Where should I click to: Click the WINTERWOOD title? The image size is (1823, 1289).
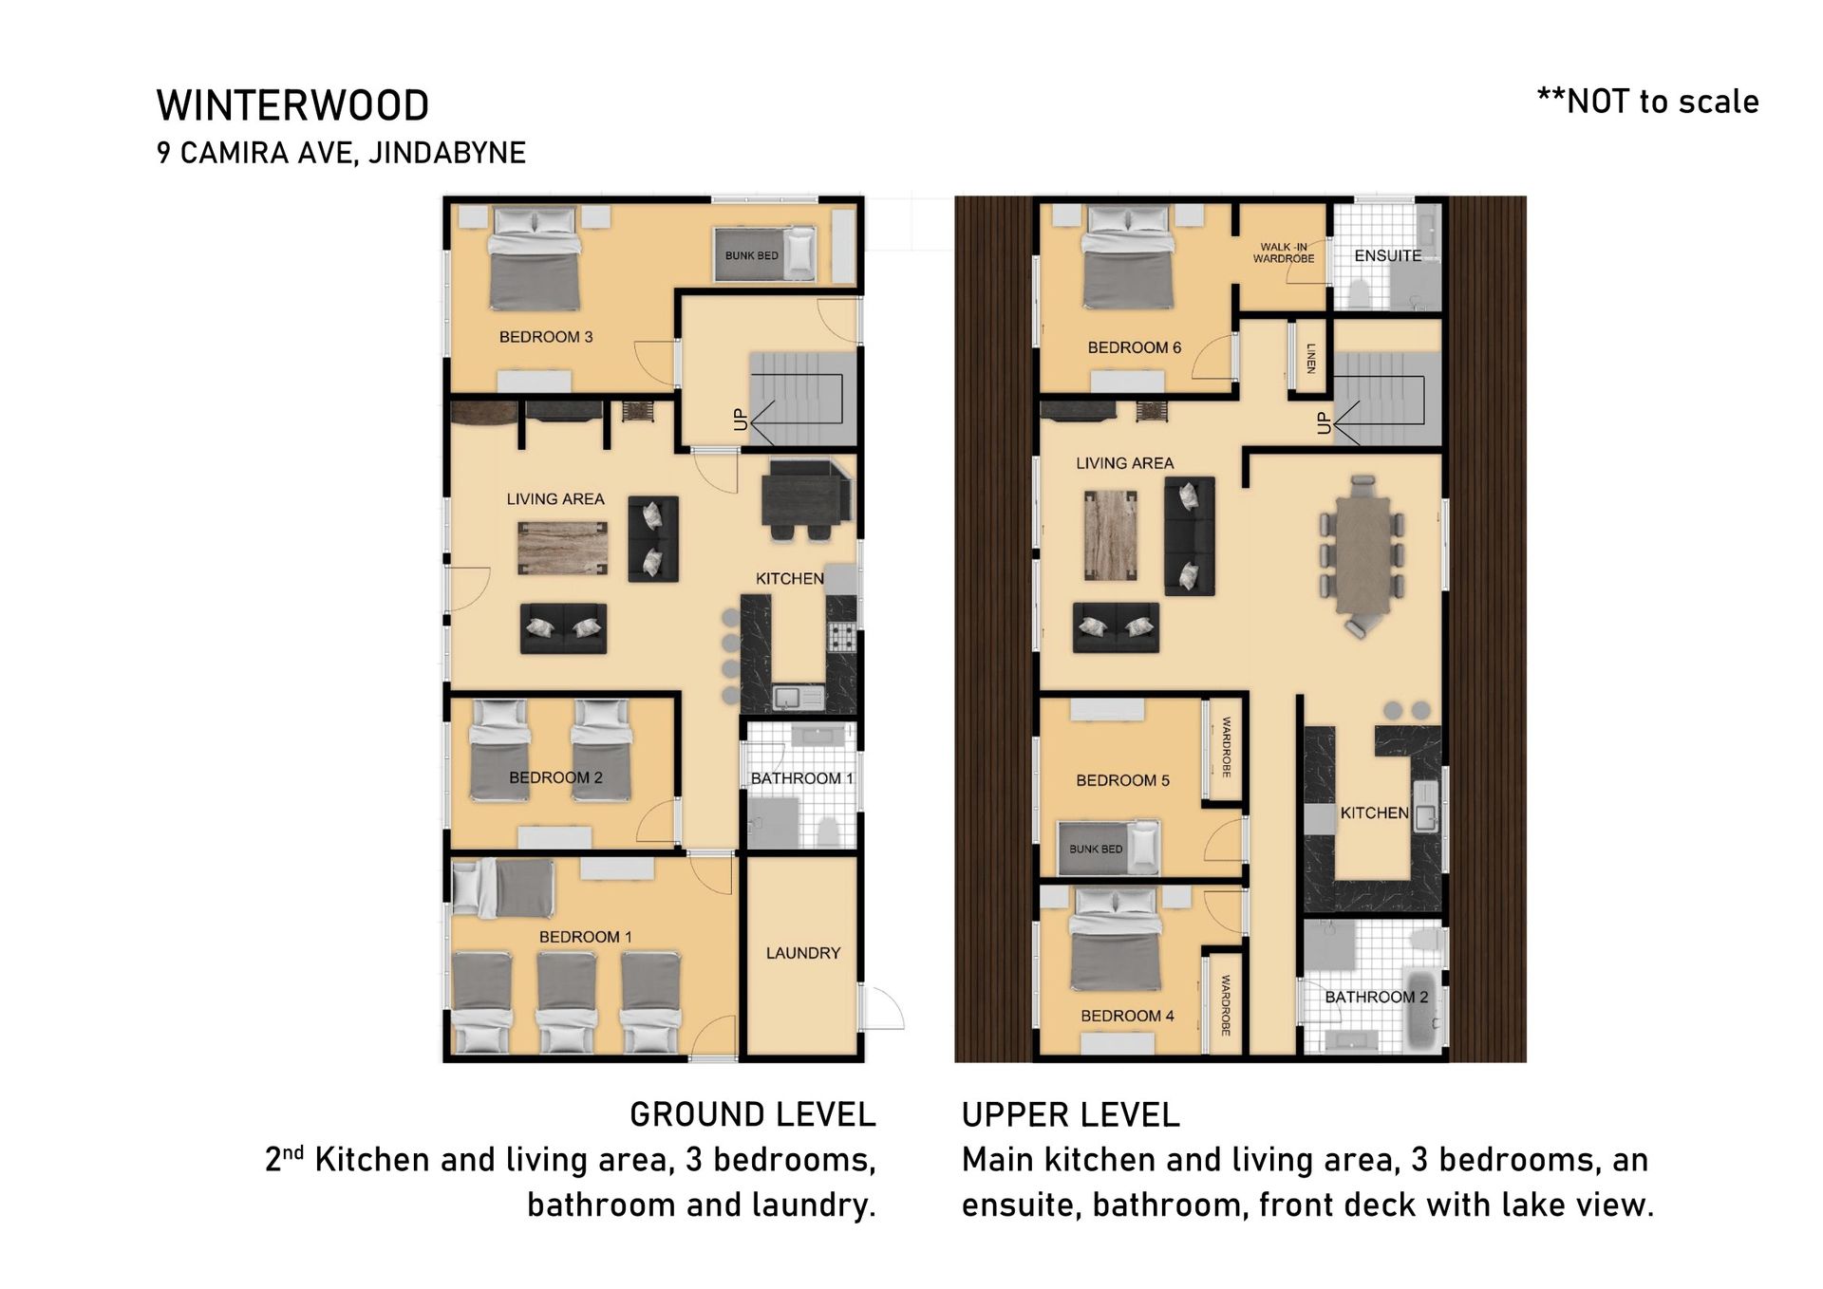(x=292, y=105)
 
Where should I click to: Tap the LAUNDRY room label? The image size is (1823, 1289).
(x=803, y=953)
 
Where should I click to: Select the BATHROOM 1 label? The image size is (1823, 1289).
(x=801, y=778)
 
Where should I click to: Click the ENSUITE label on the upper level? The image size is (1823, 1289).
(x=1387, y=255)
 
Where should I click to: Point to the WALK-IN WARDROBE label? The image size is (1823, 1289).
(x=1284, y=252)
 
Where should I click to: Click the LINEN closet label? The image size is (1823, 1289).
(x=1311, y=358)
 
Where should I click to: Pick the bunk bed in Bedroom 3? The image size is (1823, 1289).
(x=764, y=254)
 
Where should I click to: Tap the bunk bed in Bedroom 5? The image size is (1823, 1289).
(x=1108, y=848)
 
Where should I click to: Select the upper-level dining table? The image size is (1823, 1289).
(x=1363, y=555)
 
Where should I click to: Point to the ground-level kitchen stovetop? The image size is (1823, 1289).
(x=842, y=637)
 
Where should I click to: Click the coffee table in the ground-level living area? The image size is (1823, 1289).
(x=562, y=549)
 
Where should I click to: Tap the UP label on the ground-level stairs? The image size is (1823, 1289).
(x=741, y=420)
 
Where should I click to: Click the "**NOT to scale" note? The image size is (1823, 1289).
(x=1647, y=102)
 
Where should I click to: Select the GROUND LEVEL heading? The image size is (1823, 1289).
(x=753, y=1114)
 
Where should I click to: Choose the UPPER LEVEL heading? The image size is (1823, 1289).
(x=1070, y=1114)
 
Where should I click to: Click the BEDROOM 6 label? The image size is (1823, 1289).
(x=1135, y=347)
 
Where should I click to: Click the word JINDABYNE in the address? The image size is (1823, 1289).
(x=446, y=153)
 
